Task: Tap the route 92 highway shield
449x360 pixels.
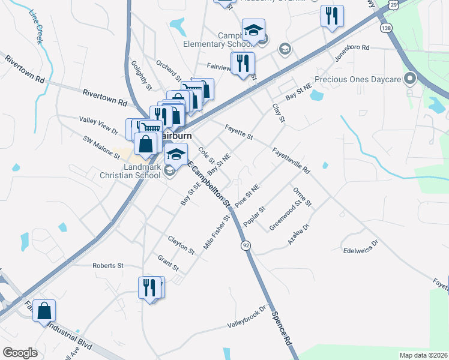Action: (246, 246)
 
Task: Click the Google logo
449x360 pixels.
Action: (20, 353)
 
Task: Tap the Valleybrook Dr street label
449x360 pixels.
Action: (246, 317)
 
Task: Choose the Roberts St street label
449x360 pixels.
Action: (107, 265)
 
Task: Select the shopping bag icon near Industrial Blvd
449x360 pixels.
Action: (44, 311)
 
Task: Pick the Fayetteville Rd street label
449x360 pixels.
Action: (291, 160)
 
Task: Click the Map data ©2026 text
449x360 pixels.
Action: (423, 355)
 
